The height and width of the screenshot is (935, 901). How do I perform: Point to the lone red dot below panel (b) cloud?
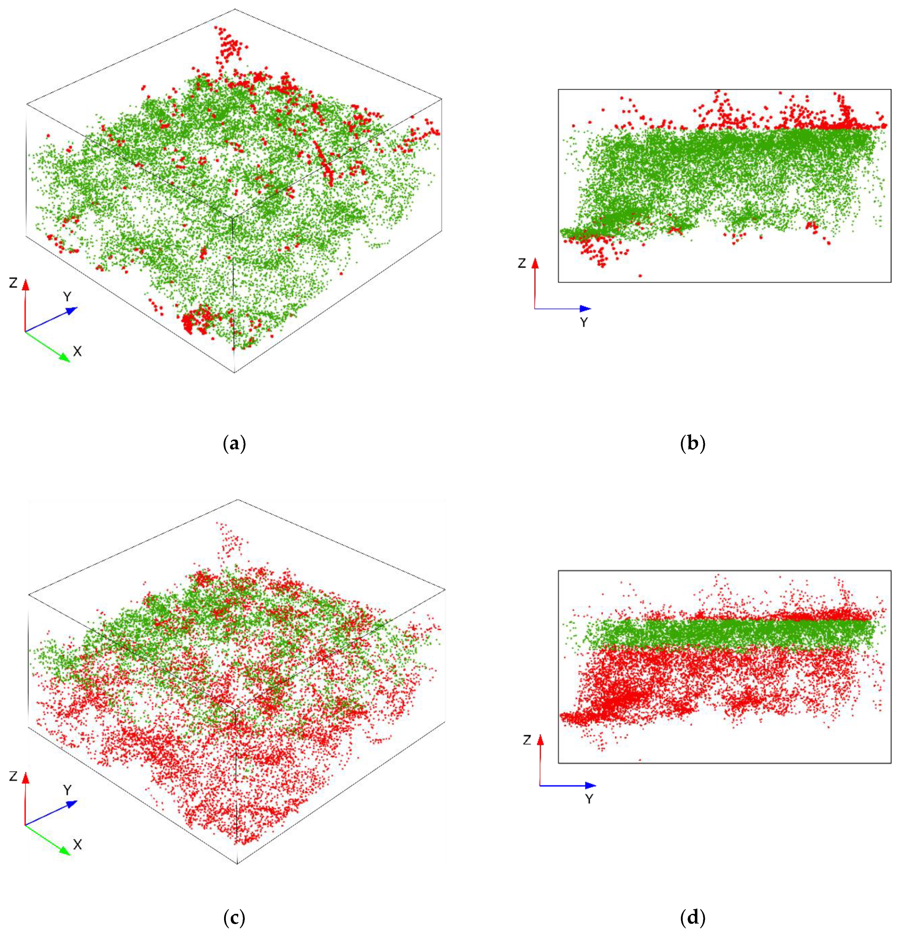pyautogui.click(x=640, y=275)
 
